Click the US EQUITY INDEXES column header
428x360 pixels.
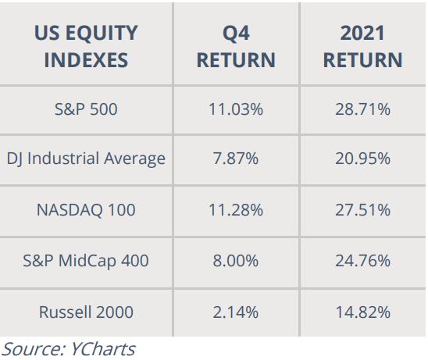point(86,46)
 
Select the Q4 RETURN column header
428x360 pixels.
point(236,46)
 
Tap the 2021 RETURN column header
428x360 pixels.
point(362,46)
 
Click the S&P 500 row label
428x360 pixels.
point(86,109)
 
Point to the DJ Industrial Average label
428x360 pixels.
point(86,159)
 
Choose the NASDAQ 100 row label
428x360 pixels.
point(86,210)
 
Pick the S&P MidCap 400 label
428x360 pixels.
point(86,261)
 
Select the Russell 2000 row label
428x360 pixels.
point(86,312)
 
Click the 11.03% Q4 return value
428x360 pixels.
point(236,109)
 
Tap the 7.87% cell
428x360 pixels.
point(236,159)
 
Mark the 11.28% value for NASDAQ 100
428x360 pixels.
point(236,210)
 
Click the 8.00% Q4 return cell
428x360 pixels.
point(236,261)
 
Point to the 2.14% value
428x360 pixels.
point(236,312)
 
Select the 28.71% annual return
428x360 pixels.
point(362,109)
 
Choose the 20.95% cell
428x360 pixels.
point(362,159)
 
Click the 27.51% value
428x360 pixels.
point(362,210)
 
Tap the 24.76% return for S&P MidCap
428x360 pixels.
point(362,261)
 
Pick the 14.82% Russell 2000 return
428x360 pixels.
point(362,312)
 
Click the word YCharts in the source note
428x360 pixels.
point(103,349)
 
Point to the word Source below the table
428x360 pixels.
point(34,349)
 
